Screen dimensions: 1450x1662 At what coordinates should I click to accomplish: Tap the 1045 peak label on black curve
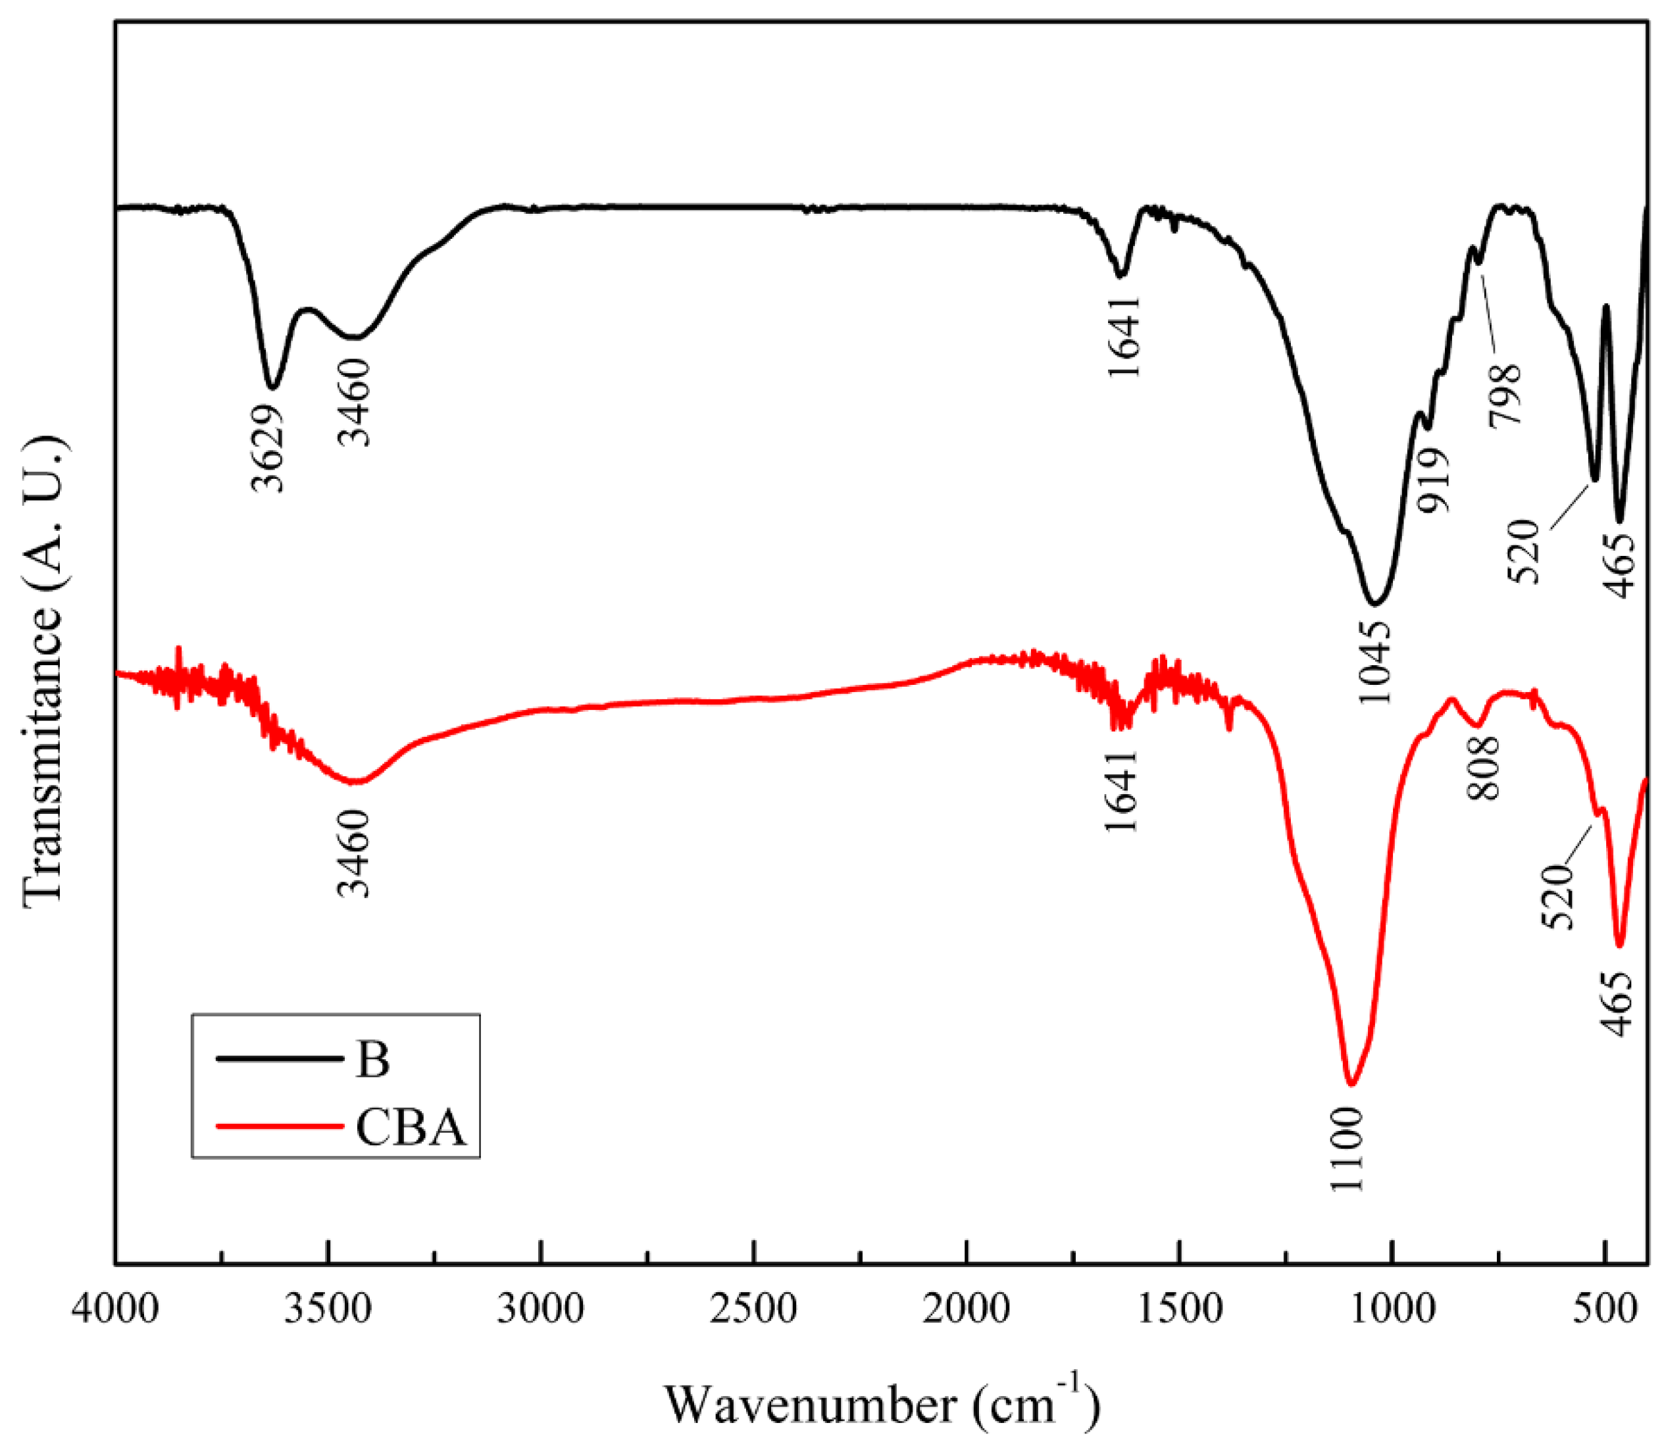click(x=1374, y=662)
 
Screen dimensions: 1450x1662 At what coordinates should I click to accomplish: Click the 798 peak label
click(x=1507, y=394)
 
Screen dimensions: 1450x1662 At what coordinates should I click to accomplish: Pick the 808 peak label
click(x=1484, y=768)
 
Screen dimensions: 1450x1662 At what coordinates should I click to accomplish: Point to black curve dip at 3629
click(x=272, y=387)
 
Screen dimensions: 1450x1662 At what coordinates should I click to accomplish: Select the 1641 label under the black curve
click(x=1124, y=336)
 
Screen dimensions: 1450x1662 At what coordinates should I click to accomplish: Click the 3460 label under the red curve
click(x=353, y=855)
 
